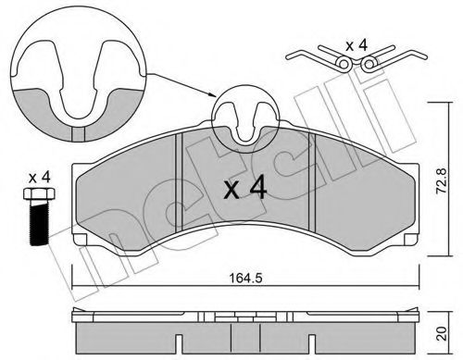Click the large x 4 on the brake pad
tap(244, 189)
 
